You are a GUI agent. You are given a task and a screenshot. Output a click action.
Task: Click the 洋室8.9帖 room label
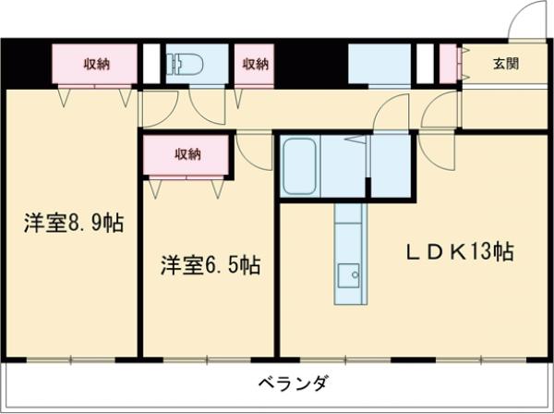(x=75, y=223)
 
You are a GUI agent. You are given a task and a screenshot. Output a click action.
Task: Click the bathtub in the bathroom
(x=300, y=165)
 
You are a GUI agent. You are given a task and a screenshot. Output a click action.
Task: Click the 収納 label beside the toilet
(x=256, y=64)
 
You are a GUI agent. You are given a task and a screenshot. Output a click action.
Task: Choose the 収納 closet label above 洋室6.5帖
(x=187, y=153)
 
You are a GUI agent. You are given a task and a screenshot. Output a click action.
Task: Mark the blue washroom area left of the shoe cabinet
(x=379, y=64)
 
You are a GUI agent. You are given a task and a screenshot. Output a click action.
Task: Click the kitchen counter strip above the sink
(x=349, y=231)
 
